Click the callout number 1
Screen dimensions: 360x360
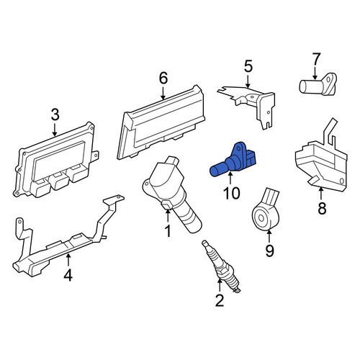point(168,231)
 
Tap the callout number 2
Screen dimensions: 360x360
point(220,300)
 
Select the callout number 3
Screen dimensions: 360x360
point(55,114)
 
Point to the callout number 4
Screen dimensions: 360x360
point(68,275)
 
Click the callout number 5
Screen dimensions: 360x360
point(248,66)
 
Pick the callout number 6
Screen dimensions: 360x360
point(163,78)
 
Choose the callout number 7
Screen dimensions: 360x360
point(315,59)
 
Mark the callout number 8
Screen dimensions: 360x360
point(322,208)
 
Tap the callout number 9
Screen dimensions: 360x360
point(269,251)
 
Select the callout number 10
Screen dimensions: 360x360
point(232,193)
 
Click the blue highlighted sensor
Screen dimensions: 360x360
point(233,161)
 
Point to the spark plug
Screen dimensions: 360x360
point(221,266)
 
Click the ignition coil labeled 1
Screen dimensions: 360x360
point(171,192)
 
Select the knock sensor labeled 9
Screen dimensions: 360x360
point(266,211)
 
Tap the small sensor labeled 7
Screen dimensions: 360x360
point(318,84)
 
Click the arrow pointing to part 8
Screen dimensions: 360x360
point(321,194)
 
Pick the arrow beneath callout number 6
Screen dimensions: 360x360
point(163,93)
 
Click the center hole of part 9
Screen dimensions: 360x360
point(261,218)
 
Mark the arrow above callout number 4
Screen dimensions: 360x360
point(68,260)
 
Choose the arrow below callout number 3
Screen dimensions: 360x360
point(55,130)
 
